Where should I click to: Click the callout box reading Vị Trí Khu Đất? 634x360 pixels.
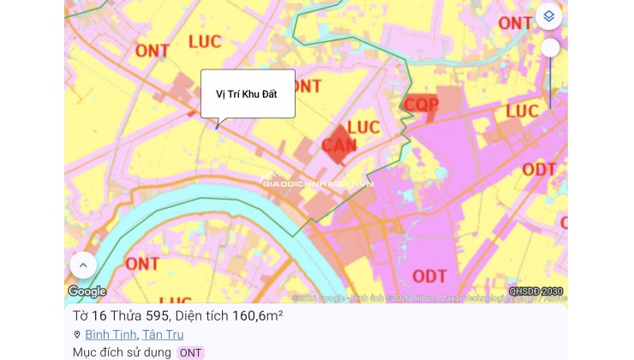point(248,93)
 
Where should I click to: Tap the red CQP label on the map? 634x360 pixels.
point(421,105)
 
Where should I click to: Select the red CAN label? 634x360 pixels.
point(339,145)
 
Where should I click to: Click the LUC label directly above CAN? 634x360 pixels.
point(363,128)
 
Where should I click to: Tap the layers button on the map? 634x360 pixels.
point(549,16)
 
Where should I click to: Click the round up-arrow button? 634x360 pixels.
point(83,266)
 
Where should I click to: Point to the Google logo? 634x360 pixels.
point(87,292)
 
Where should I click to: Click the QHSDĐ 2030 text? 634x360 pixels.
point(535,291)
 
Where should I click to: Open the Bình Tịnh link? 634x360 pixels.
point(111,335)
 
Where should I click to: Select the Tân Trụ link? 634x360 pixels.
point(162,335)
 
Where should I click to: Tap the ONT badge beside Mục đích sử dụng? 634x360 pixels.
point(190,352)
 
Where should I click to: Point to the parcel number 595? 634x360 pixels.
point(157,315)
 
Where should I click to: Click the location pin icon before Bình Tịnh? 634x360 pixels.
point(77,335)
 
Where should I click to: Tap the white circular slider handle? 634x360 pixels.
point(550,48)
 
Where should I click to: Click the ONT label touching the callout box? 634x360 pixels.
point(307,86)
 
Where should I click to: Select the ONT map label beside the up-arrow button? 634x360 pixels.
point(142,263)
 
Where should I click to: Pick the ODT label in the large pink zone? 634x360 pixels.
point(429,275)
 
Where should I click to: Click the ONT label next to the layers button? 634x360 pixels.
point(515,22)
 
